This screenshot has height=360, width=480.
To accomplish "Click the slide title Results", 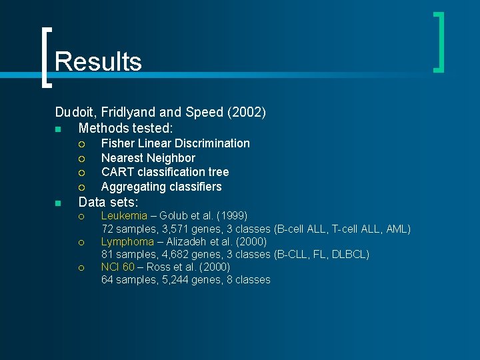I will [x=98, y=61].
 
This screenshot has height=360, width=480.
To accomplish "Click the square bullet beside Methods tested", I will [x=58, y=128].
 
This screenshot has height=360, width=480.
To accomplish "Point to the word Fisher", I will [x=117, y=143].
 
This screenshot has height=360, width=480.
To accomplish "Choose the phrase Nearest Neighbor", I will [x=148, y=158].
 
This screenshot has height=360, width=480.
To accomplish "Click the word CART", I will [x=117, y=173].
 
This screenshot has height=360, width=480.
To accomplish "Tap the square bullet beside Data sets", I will [x=58, y=203].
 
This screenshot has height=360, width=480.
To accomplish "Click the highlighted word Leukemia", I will [x=124, y=216].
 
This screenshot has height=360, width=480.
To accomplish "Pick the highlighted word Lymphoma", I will [x=127, y=241].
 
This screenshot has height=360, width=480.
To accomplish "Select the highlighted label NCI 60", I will [x=117, y=267].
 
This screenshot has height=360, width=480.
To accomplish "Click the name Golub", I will [x=171, y=216].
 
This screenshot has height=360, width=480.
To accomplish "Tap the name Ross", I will [x=159, y=267].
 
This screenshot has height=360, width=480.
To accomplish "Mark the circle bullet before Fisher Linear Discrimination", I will [x=81, y=143].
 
